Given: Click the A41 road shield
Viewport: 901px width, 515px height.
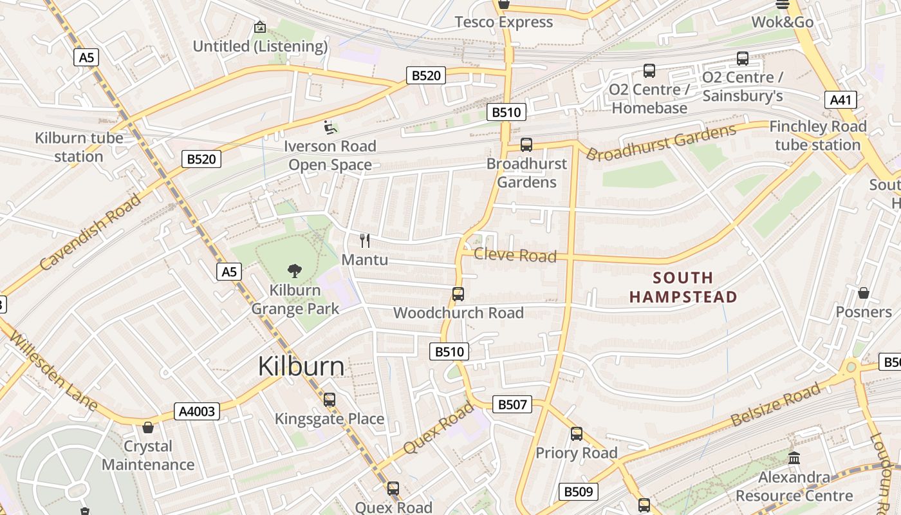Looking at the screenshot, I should point(841,100).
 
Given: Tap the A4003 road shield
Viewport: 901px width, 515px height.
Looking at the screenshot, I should point(196,411).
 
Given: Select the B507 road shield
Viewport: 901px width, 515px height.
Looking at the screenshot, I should point(512,404).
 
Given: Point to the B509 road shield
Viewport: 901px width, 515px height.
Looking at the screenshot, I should point(578,492).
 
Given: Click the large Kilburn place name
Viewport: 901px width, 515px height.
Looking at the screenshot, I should point(301,366).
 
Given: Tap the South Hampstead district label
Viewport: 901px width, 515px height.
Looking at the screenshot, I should point(683,287).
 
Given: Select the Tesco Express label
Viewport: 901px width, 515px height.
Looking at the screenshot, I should point(503,22).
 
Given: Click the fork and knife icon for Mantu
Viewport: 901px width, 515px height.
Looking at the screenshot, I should point(365,241).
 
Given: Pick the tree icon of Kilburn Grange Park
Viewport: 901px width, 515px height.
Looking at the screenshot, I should point(295,270).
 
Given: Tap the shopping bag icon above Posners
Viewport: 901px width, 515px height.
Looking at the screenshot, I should point(864,293).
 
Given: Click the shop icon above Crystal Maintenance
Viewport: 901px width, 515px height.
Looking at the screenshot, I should point(148,427).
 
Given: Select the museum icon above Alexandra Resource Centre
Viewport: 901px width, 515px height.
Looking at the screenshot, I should point(794,458).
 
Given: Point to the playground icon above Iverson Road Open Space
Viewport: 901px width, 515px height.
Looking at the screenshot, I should point(330,127).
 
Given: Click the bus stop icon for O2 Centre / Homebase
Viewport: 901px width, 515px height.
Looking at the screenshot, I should point(649,71).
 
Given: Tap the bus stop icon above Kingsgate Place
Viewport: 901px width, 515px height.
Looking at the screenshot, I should point(330,400).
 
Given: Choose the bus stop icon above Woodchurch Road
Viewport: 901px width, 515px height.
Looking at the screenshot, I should point(458,294).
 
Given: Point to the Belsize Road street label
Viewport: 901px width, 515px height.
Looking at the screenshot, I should point(776,404).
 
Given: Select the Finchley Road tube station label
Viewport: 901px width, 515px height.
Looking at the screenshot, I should point(818,135).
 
